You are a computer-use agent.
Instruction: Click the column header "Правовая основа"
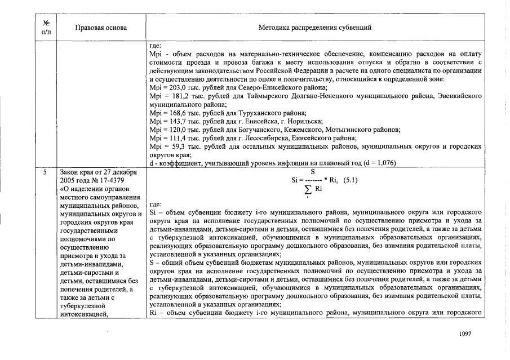point(101,27)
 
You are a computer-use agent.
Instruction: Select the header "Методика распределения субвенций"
point(314,27)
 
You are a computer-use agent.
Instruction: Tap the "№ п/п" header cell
point(46,27)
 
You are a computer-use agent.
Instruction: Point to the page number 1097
point(465,334)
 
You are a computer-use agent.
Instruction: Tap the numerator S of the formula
point(313,171)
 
